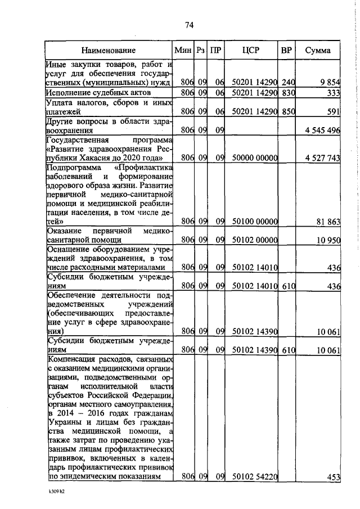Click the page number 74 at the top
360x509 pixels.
(189, 24)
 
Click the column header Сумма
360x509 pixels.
(318, 51)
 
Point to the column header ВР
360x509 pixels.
(286, 51)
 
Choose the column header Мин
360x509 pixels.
(183, 51)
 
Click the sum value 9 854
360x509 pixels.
(330, 82)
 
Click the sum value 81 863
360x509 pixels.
(328, 222)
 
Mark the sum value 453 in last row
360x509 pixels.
(334, 477)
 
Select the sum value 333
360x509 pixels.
(334, 93)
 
